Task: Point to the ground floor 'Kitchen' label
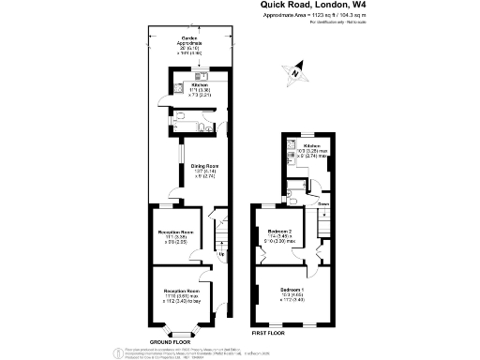point(199,82)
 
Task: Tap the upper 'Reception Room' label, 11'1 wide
point(175,231)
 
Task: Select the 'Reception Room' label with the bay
point(181,292)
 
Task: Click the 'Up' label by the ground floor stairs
point(221,256)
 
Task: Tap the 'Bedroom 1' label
point(292,290)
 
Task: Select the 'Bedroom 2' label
point(279,231)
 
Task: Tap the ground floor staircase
point(221,234)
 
